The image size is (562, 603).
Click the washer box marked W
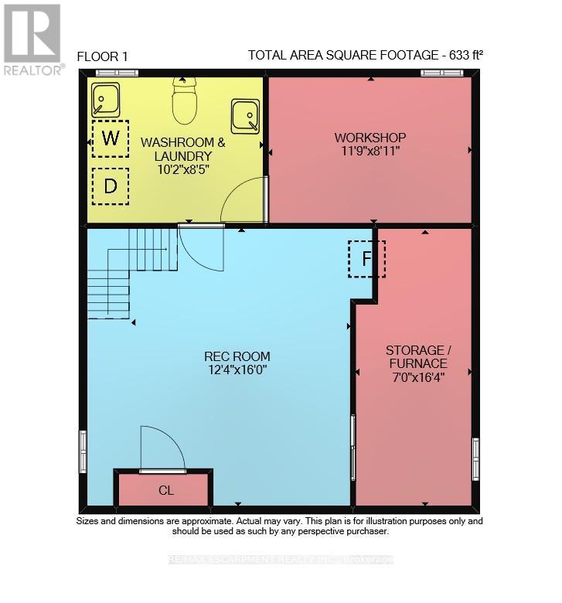tap(111, 138)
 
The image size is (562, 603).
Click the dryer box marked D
tap(111, 186)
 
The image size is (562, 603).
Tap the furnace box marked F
tap(366, 259)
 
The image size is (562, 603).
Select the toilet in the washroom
tap(185, 100)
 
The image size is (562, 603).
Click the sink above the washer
tap(105, 100)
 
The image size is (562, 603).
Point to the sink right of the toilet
tap(245, 117)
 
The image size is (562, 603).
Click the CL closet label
tap(166, 490)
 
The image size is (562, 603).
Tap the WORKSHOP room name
tap(370, 138)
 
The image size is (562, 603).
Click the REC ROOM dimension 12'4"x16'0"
tap(237, 370)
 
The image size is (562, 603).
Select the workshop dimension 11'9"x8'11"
tap(370, 151)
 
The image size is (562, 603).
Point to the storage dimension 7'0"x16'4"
tap(418, 377)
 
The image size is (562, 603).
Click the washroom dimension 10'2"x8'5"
tap(183, 169)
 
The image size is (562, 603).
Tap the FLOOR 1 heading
tap(102, 57)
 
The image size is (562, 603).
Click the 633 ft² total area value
tap(466, 55)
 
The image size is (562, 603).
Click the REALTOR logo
tap(32, 39)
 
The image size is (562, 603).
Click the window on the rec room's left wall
tap(83, 451)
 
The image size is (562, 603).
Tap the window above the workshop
tap(441, 73)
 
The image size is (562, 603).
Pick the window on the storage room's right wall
tap(476, 458)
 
